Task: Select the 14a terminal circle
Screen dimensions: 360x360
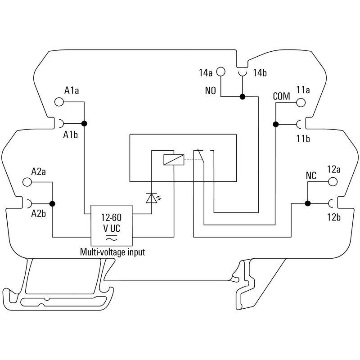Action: (x=220, y=72)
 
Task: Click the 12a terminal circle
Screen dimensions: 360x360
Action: (x=333, y=182)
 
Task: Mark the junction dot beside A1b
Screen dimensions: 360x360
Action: (x=84, y=123)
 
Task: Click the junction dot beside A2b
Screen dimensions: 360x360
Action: (x=52, y=204)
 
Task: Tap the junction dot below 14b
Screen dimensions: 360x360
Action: (x=242, y=96)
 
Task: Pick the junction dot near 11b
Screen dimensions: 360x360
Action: (x=275, y=124)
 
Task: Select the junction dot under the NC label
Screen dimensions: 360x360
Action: (x=308, y=203)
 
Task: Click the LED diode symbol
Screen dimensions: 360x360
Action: (x=151, y=198)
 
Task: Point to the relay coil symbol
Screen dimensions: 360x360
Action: (x=173, y=159)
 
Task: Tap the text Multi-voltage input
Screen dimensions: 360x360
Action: (x=112, y=252)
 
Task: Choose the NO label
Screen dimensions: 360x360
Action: (x=211, y=91)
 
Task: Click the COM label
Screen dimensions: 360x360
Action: (x=282, y=96)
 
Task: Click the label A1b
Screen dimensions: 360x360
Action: (x=71, y=135)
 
